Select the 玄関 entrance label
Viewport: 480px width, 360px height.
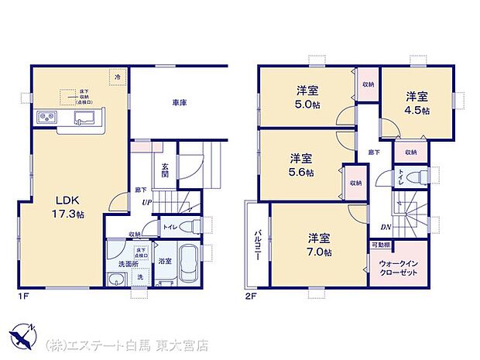pos(166,170)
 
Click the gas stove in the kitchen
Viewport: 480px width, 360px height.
pos(43,118)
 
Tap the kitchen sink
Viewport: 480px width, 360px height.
pos(82,118)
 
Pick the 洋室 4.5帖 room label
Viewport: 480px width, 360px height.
pos(417,103)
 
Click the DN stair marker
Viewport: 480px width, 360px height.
pos(386,226)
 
